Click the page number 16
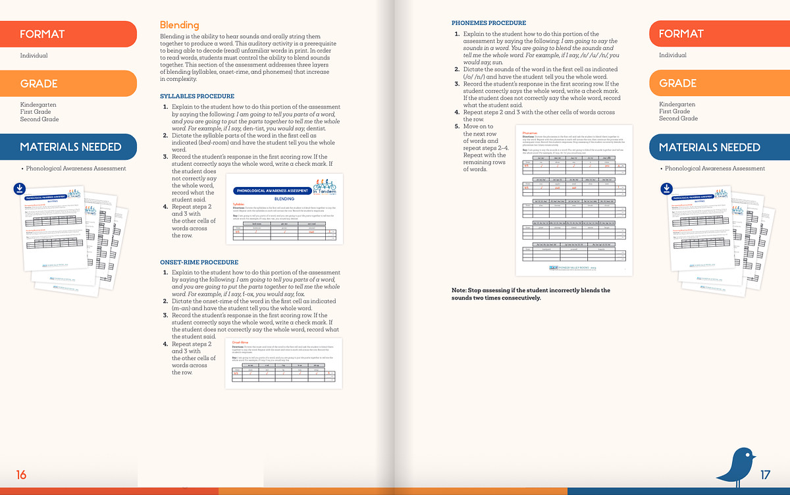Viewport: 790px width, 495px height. (22, 474)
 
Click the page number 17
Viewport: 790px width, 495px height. (765, 474)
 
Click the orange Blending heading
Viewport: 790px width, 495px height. (180, 25)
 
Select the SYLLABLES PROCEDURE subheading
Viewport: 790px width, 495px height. (197, 96)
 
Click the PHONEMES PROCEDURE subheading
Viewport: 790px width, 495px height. (488, 23)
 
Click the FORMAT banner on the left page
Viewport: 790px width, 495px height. (66, 34)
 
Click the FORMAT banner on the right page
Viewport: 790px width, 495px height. (718, 34)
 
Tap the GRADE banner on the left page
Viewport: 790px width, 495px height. (66, 84)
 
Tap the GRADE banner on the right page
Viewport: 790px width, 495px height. (718, 84)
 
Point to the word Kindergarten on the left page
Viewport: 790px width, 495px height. (38, 105)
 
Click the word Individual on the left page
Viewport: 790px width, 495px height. (34, 56)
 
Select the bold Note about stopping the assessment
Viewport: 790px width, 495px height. (531, 294)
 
